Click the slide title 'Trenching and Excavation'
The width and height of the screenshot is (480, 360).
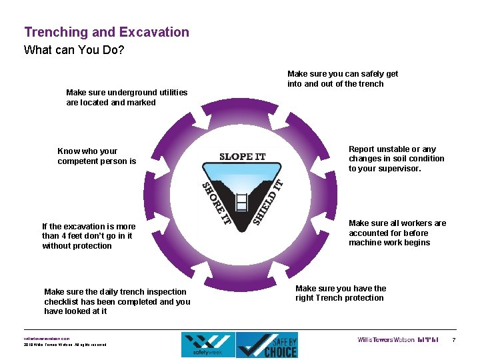[107, 32]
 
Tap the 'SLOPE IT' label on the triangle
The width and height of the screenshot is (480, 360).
[243, 157]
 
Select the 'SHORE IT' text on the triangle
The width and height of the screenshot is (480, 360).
[215, 202]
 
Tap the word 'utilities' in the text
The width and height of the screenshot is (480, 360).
[167, 93]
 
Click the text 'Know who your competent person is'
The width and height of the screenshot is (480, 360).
[97, 156]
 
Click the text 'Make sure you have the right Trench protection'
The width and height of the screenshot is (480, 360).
[340, 293]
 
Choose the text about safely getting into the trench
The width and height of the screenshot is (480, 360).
[342, 79]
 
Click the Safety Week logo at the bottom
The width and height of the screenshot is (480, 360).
[207, 345]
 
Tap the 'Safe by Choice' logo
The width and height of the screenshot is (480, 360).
[267, 345]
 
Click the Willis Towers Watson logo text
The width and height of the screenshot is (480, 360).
[386, 340]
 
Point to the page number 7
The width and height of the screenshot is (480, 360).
[454, 340]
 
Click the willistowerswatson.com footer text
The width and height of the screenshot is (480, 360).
[47, 337]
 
